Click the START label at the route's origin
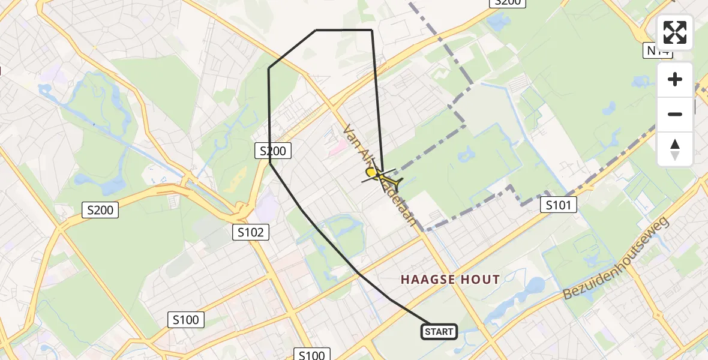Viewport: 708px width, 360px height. pyautogui.click(x=439, y=332)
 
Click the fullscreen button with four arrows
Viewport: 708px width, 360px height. pyautogui.click(x=675, y=32)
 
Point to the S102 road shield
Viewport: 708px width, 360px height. pyautogui.click(x=251, y=232)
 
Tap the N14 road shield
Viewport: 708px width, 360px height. pyautogui.click(x=659, y=51)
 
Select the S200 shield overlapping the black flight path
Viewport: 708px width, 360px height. pyautogui.click(x=273, y=151)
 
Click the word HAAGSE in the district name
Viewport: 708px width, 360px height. pyautogui.click(x=425, y=280)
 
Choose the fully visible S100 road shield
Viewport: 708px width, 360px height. pyautogui.click(x=185, y=320)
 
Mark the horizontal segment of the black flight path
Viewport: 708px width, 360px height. pyautogui.click(x=344, y=30)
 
